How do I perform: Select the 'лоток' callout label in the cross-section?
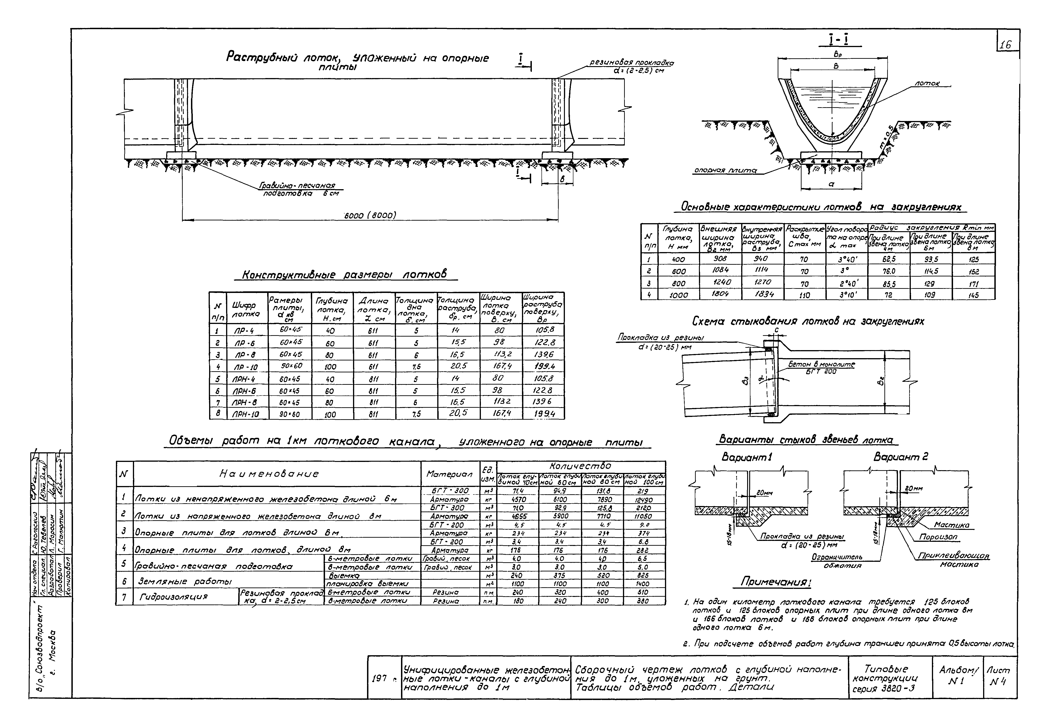(x=926, y=84)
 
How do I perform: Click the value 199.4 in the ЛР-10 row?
(x=543, y=366)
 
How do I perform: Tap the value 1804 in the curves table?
(x=720, y=294)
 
